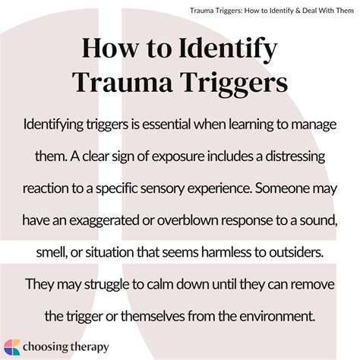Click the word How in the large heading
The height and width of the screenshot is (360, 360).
pos(110,49)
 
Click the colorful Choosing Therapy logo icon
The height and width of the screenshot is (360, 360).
pos(12,347)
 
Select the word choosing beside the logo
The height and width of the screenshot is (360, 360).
pos(46,347)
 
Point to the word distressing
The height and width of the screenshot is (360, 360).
pos(295,157)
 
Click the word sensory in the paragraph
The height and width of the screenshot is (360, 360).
pos(162,189)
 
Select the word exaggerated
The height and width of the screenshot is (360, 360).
pos(104,221)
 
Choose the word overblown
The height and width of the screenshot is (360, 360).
pos(188,221)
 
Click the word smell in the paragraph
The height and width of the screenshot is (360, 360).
pos(52,253)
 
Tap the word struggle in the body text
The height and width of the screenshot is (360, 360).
pos(106,285)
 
